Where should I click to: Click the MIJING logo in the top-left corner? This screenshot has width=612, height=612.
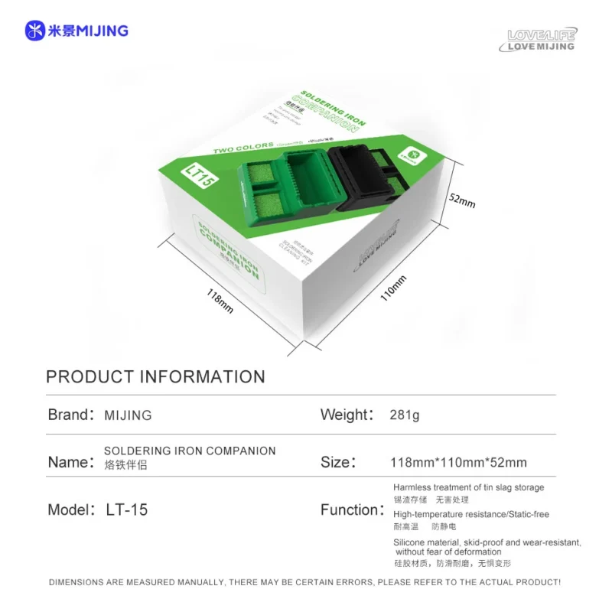pyautogui.click(x=76, y=31)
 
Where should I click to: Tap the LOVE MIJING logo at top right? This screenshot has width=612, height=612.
pyautogui.click(x=542, y=40)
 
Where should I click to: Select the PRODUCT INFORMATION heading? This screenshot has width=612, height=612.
pyautogui.click(x=155, y=376)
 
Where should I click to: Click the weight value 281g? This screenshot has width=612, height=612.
pyautogui.click(x=405, y=415)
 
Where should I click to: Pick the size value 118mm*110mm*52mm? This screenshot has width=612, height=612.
pyautogui.click(x=458, y=463)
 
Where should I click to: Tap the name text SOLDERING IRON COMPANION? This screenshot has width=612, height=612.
pyautogui.click(x=190, y=451)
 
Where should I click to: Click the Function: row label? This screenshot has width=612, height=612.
pyautogui.click(x=351, y=509)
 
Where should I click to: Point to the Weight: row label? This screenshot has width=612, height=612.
pyautogui.click(x=347, y=415)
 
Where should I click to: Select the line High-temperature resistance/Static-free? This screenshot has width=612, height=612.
pyautogui.click(x=470, y=514)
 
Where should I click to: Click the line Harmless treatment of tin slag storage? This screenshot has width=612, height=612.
pyautogui.click(x=468, y=487)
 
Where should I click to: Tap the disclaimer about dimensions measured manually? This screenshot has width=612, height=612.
pyautogui.click(x=304, y=582)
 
